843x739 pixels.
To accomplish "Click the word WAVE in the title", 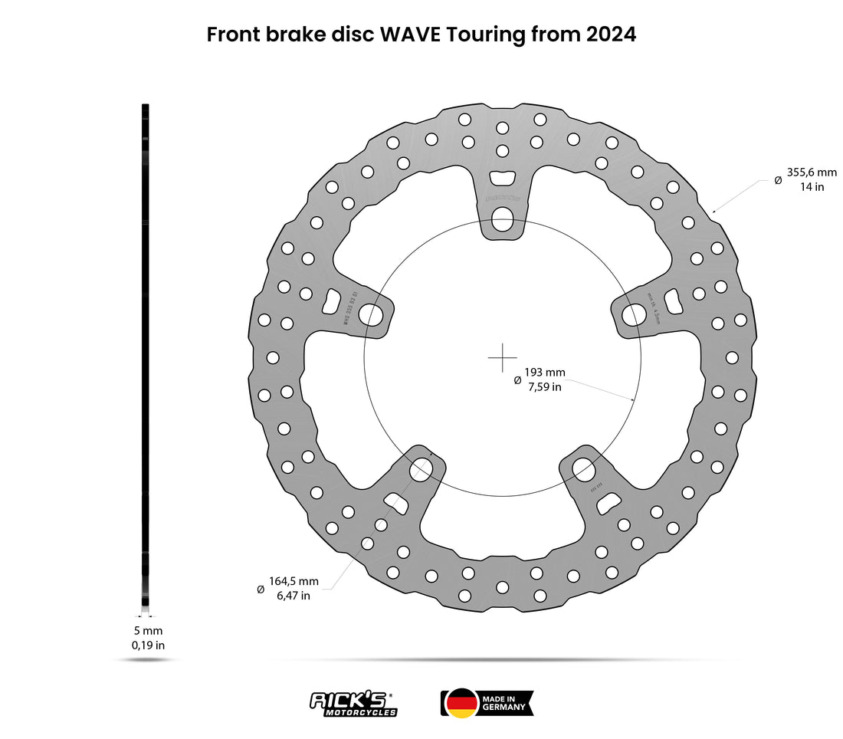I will tap(411, 34).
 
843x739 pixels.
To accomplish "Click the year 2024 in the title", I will tap(611, 34).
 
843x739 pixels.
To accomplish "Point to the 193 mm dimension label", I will tap(544, 373).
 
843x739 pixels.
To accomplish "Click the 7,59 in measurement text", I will tap(544, 386).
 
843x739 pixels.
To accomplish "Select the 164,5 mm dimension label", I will tap(294, 581).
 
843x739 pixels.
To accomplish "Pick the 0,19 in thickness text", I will tap(148, 645).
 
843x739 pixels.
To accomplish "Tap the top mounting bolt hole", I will tap(503, 220).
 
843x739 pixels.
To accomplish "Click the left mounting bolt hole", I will tap(371, 314).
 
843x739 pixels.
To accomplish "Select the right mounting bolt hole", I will tap(634, 314).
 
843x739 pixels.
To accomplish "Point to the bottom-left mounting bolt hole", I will tap(421, 470).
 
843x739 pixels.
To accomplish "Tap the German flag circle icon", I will tap(461, 704).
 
